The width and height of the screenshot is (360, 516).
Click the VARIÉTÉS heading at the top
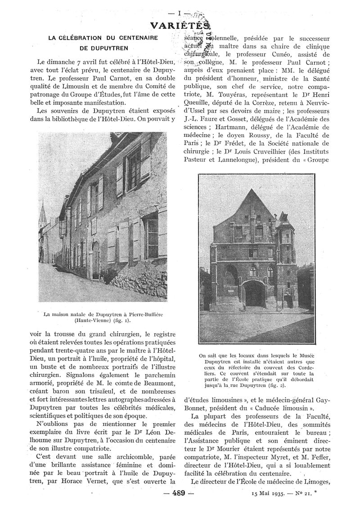tap(180, 26)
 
